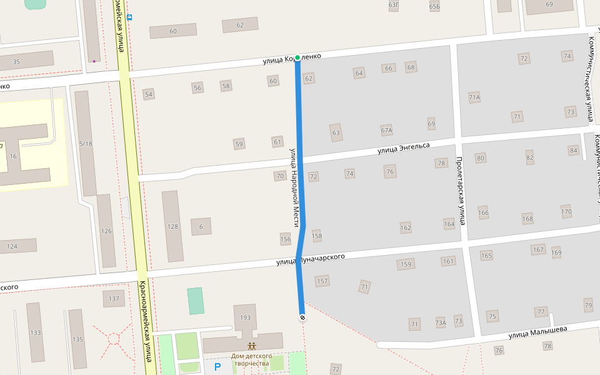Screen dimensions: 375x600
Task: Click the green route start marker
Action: (x=297, y=58)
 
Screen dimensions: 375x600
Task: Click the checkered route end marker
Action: (x=302, y=317)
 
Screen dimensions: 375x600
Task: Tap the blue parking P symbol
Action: (x=217, y=367)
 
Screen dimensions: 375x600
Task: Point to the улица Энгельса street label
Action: (x=403, y=148)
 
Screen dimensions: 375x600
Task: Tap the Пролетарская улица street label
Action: (x=461, y=191)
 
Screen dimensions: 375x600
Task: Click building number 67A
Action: (x=386, y=131)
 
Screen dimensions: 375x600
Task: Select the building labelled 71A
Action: (x=474, y=97)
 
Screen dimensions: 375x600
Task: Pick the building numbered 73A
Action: (x=441, y=322)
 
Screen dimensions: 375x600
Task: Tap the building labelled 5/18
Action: (x=86, y=144)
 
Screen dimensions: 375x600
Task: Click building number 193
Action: (x=245, y=318)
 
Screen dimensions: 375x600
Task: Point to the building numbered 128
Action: (x=172, y=226)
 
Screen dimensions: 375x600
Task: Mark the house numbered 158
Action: (x=317, y=236)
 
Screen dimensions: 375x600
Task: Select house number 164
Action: (x=449, y=224)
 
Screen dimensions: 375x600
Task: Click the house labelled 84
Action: (x=573, y=151)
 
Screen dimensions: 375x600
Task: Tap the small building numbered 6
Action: (x=201, y=226)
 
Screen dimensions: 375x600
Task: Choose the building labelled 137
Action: (x=114, y=299)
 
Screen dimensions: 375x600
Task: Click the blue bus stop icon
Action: (x=129, y=17)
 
